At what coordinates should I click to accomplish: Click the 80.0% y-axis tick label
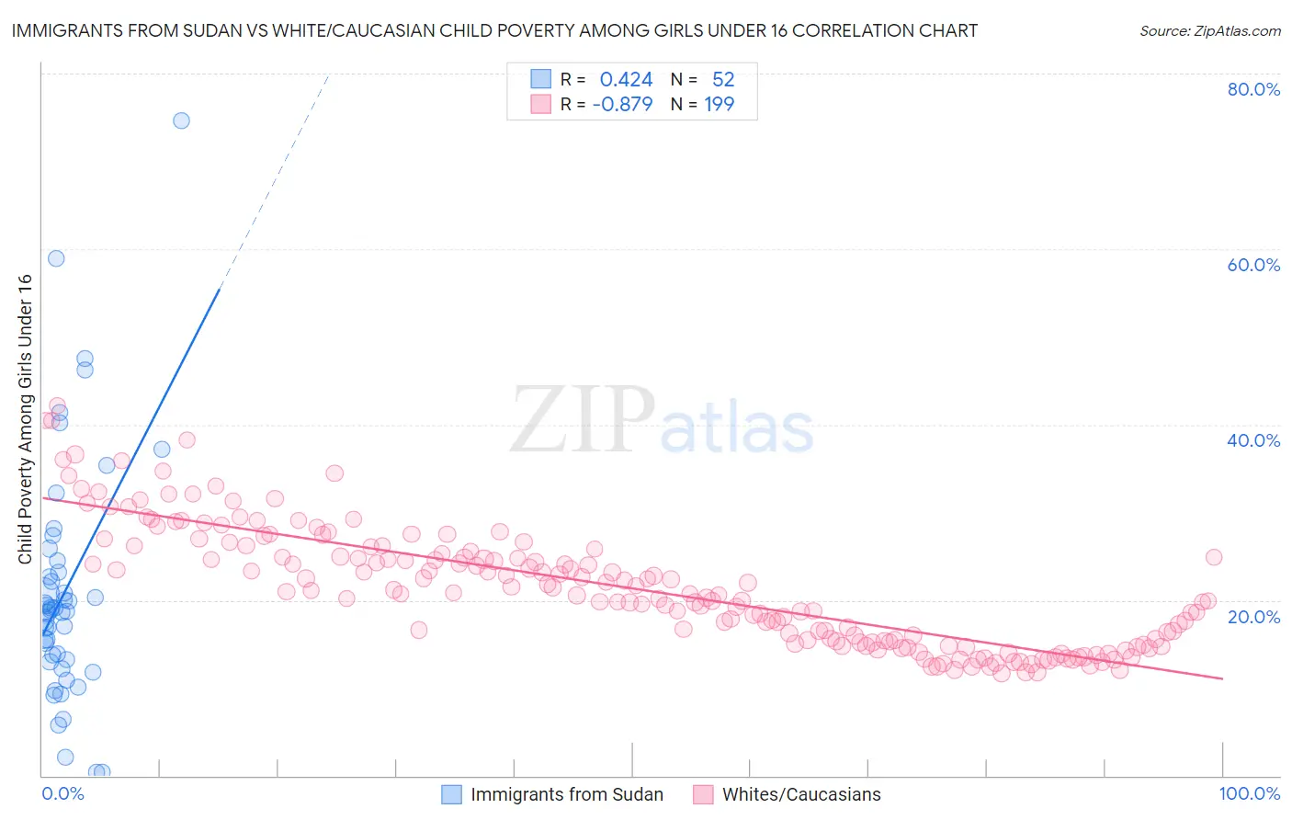[1253, 89]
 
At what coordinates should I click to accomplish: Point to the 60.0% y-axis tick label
[1253, 265]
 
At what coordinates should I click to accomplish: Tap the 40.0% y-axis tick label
[1253, 440]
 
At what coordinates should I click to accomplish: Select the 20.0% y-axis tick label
[1253, 616]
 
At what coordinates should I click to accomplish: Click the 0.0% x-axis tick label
[62, 793]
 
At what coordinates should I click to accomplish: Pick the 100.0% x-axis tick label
[1249, 793]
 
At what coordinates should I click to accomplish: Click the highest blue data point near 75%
[181, 120]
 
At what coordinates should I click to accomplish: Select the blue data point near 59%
[56, 258]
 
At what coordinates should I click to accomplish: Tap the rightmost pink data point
[1213, 557]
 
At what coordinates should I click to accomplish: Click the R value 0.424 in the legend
[626, 80]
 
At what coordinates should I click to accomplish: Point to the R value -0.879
[622, 105]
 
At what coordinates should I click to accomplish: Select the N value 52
[723, 80]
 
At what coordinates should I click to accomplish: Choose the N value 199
[720, 105]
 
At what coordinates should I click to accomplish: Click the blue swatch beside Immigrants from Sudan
[451, 794]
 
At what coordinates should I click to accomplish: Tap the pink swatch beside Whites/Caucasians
[703, 794]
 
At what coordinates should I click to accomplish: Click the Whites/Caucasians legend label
[801, 794]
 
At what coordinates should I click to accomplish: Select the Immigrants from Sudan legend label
[567, 794]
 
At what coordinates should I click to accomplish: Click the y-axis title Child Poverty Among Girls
[25, 419]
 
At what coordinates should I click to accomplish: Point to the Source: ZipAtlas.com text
[1209, 31]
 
